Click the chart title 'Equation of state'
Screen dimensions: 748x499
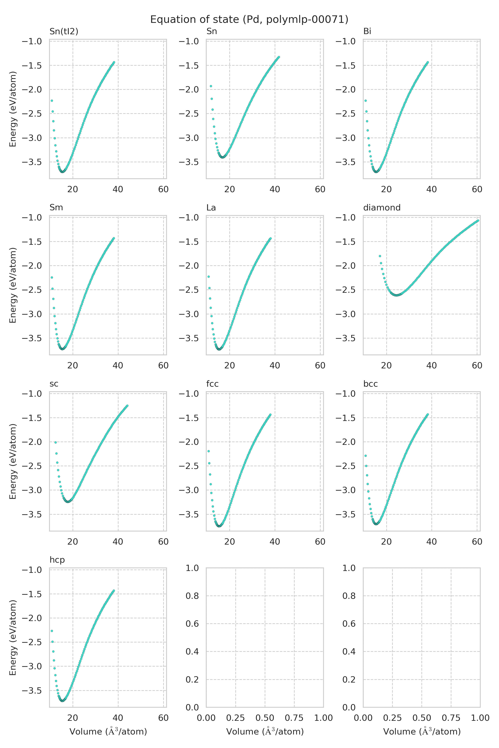point(249,19)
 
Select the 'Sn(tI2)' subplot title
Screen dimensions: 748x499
point(64,31)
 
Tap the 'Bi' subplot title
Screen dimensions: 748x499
point(367,31)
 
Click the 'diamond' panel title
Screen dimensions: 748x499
point(382,207)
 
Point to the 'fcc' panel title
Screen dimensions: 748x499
point(212,384)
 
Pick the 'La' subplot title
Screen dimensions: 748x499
point(211,207)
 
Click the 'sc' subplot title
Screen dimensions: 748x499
point(54,384)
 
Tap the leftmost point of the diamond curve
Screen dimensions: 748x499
point(380,256)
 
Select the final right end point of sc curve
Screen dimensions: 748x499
point(127,406)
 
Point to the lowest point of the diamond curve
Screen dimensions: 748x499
point(396,295)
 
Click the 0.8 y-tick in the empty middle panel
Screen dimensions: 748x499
point(192,596)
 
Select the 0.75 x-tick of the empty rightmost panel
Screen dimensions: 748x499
point(451,718)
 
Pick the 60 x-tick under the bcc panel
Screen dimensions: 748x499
point(477,542)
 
